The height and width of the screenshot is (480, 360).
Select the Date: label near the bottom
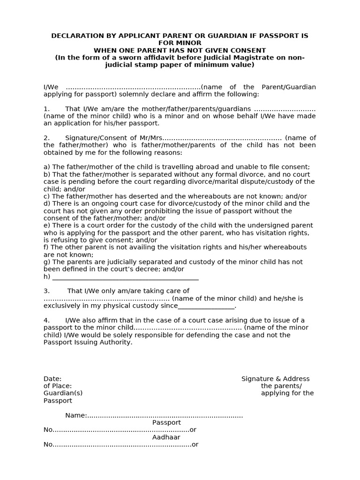[52, 379]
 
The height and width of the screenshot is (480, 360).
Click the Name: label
[76, 415]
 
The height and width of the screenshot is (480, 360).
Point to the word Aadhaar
[166, 437]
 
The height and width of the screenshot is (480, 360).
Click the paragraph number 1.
[46, 109]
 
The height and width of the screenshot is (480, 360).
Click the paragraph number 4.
[46, 320]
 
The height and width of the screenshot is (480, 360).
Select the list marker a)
[47, 167]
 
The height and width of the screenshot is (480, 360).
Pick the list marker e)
[47, 225]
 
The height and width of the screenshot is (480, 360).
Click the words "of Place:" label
[58, 386]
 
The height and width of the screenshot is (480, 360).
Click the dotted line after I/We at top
[133, 87]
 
